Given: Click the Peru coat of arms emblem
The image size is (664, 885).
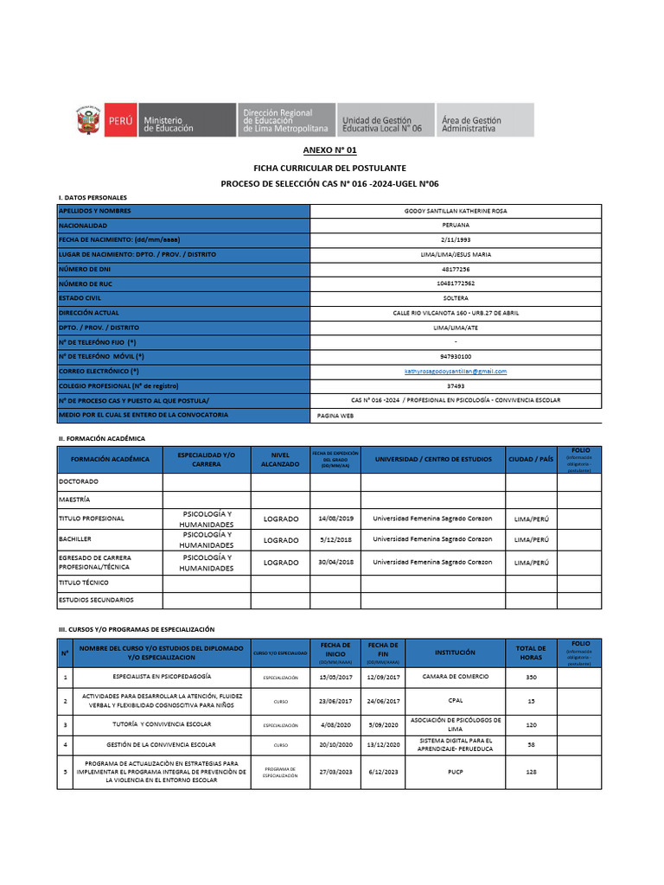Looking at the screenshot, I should [x=87, y=119].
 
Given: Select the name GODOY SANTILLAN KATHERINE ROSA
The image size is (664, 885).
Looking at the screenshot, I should [x=455, y=211].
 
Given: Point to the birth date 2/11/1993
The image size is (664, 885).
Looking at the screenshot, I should [x=455, y=239].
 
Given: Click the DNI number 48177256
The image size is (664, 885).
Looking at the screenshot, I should [x=455, y=269].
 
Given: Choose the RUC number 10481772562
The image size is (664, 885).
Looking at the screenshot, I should [x=455, y=283].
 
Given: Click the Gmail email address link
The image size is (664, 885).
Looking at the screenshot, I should [x=455, y=372].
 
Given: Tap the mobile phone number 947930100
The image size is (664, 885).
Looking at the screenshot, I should [x=455, y=356].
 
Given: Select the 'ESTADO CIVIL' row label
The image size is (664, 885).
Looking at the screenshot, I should [x=80, y=298].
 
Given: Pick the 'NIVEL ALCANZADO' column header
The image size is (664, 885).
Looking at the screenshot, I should [x=279, y=460].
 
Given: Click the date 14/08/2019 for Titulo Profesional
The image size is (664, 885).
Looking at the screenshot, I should [x=335, y=519].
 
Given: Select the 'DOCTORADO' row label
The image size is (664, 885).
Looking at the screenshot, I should [x=79, y=481].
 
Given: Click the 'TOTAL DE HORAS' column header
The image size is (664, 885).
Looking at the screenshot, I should [x=530, y=653].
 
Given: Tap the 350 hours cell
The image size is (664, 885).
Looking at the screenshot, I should [x=530, y=677].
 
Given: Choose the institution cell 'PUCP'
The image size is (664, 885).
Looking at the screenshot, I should [x=455, y=771].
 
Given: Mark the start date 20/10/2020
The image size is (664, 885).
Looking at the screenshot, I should [x=335, y=744].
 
